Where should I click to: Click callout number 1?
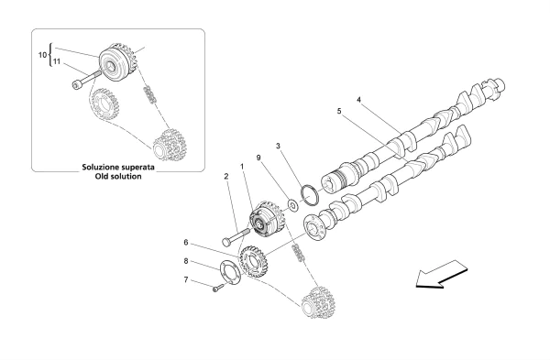coord(242,167)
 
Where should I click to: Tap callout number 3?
coord(278,147)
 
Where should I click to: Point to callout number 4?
coord(359,99)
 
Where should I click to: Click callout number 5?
coord(339,111)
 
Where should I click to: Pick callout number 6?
coord(186,243)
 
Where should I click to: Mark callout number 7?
coord(186,281)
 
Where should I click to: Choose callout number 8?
coord(186,261)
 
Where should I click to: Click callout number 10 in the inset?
coord(42,55)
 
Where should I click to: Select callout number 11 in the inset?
coord(56,62)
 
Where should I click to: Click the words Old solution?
coord(118,176)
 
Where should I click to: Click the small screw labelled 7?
coord(217,289)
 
